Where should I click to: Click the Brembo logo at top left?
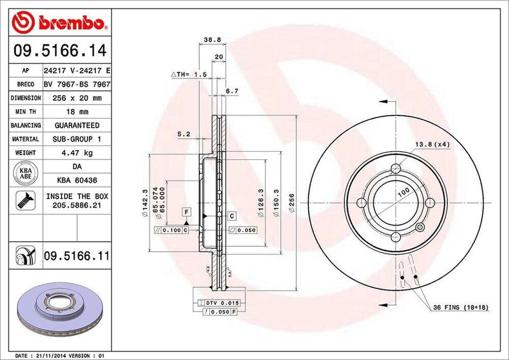tap(60, 23)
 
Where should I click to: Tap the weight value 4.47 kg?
tap(77, 153)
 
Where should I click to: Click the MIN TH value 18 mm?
tap(77, 112)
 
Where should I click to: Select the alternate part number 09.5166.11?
tap(77, 257)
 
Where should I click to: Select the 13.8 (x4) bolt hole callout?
tap(432, 145)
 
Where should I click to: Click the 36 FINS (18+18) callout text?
tap(460, 308)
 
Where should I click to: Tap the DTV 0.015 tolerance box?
tap(219, 303)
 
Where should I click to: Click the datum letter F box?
tap(186, 212)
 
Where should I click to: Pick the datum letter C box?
tap(232, 216)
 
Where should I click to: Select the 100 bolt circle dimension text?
tap(403, 191)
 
